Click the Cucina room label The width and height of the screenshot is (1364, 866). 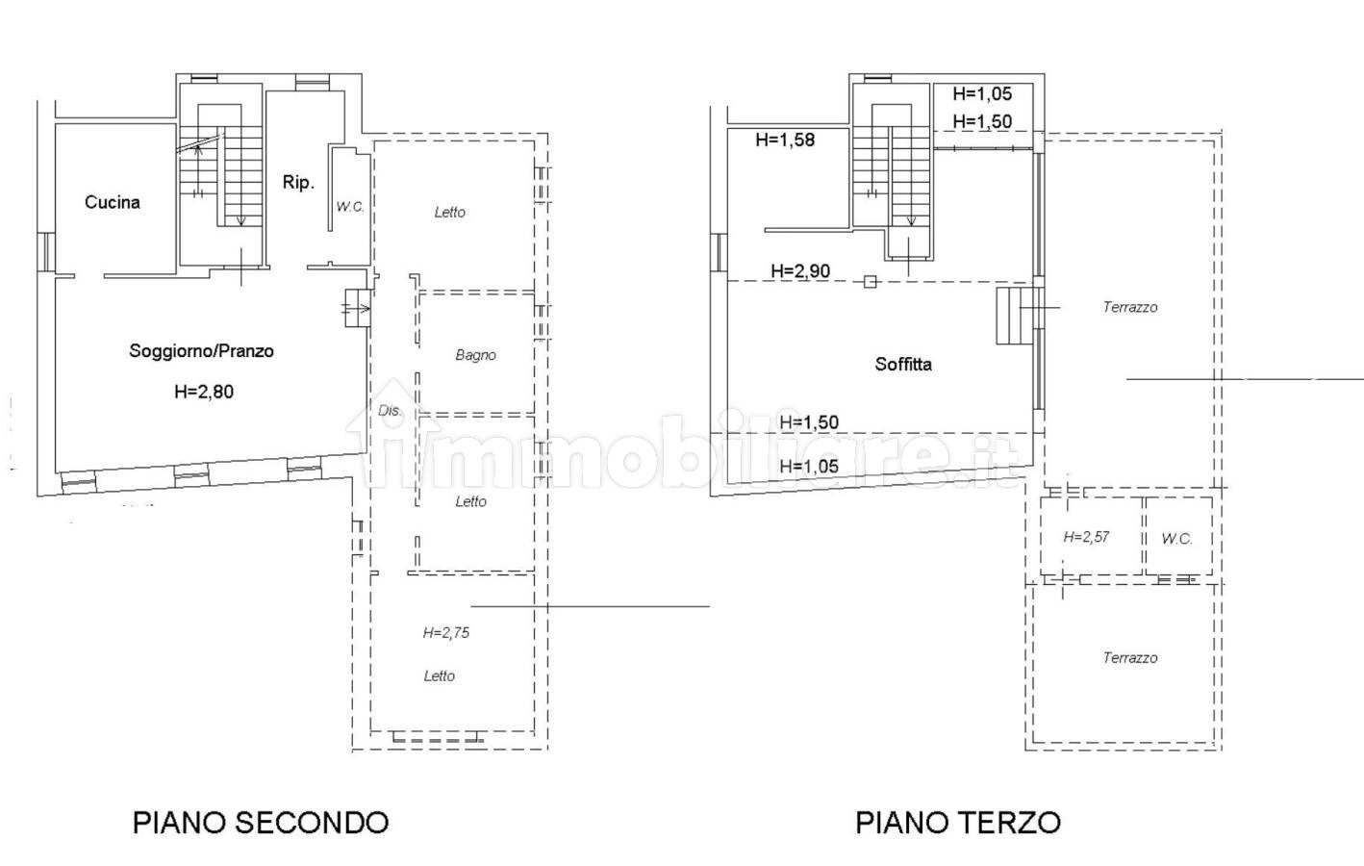112,202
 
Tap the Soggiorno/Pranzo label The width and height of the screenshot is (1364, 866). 202,351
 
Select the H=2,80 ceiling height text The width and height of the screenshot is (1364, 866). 204,392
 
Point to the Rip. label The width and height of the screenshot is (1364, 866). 298,182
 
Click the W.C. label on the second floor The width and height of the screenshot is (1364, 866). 350,207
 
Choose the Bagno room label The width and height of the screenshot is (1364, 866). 475,355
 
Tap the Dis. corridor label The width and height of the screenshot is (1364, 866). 391,411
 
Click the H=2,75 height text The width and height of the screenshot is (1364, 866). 446,633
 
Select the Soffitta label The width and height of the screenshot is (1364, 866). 903,364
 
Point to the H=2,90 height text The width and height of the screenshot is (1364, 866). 800,271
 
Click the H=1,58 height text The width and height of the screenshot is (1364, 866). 785,140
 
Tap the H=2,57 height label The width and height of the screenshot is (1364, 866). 1086,537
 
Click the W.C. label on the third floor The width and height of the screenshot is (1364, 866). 1176,538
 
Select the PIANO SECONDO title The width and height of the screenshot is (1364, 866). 261,823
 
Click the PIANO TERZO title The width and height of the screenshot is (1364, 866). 958,823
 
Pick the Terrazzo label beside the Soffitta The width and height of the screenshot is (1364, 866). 1130,307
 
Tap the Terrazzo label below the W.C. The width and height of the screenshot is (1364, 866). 1130,658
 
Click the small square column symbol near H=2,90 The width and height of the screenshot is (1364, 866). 871,281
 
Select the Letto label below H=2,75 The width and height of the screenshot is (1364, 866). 440,676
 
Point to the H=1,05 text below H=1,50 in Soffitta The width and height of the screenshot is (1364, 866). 809,467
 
